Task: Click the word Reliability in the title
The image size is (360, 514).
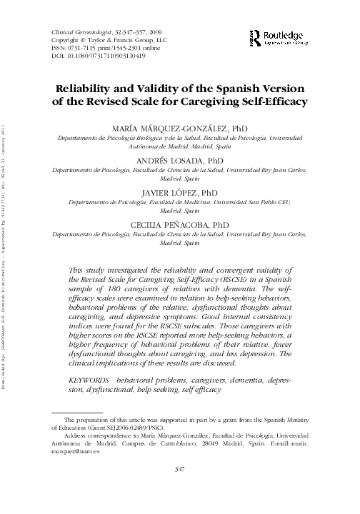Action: pos(89,89)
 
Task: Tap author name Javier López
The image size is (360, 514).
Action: pos(180,192)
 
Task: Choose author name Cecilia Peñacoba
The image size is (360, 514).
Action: pos(180,224)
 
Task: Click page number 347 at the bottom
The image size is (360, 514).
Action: pos(180,488)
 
